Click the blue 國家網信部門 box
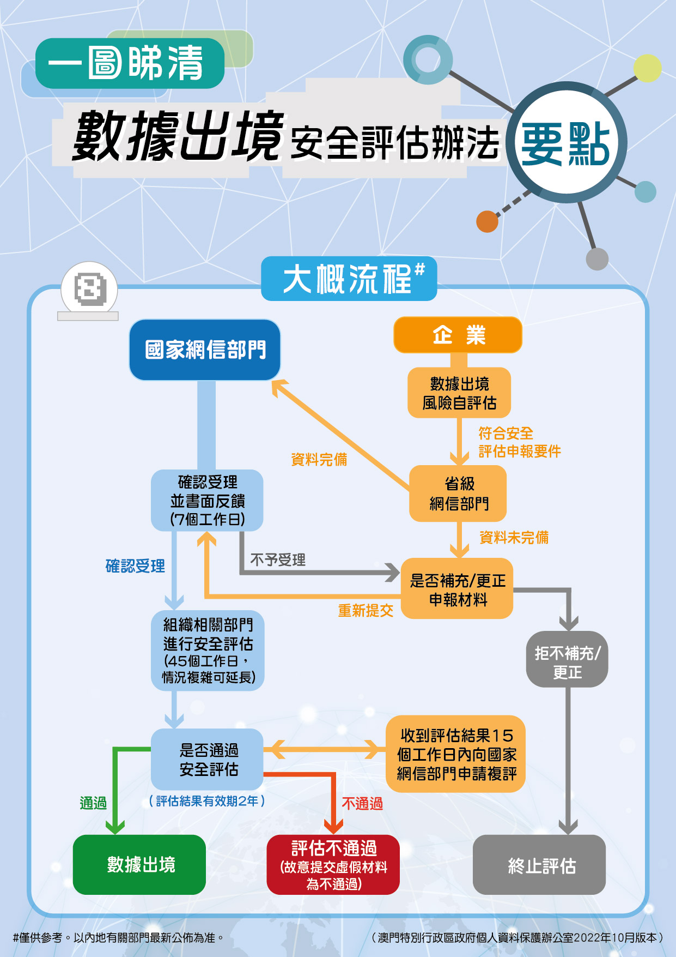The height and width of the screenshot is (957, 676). pyautogui.click(x=205, y=350)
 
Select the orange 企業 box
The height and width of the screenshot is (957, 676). pyautogui.click(x=458, y=335)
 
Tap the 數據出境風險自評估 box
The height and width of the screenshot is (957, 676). pyautogui.click(x=459, y=393)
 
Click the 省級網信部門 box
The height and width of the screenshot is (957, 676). pyautogui.click(x=458, y=493)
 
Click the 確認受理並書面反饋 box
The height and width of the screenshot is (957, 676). pyautogui.click(x=207, y=500)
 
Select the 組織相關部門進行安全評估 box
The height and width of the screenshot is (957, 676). pyautogui.click(x=208, y=651)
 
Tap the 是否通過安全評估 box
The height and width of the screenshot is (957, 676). pyautogui.click(x=208, y=759)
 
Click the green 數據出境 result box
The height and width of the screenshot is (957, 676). pyautogui.click(x=139, y=865)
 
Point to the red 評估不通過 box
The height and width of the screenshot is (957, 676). pyautogui.click(x=333, y=865)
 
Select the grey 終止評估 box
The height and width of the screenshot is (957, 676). pyautogui.click(x=539, y=865)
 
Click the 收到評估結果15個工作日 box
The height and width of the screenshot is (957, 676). pyautogui.click(x=455, y=754)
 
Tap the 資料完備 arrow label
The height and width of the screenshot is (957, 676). pyautogui.click(x=319, y=460)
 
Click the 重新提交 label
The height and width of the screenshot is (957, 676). pyautogui.click(x=366, y=611)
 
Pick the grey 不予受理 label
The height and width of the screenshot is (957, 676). pyautogui.click(x=278, y=560)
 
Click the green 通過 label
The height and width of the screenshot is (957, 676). pyautogui.click(x=93, y=803)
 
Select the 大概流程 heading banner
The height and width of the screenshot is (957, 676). pyautogui.click(x=349, y=279)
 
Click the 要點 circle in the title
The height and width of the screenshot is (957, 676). pyautogui.click(x=566, y=143)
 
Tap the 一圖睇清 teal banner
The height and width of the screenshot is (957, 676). pyautogui.click(x=130, y=63)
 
